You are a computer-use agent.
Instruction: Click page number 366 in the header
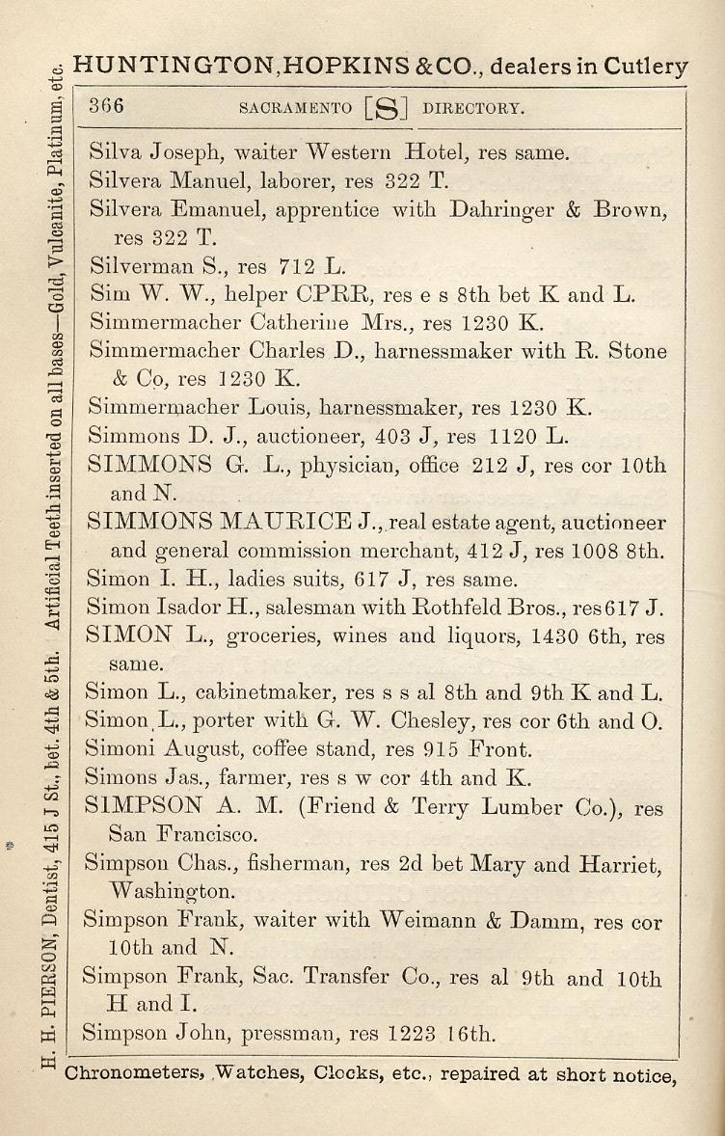tap(106, 106)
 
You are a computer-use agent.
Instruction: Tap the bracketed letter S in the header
tap(386, 109)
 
